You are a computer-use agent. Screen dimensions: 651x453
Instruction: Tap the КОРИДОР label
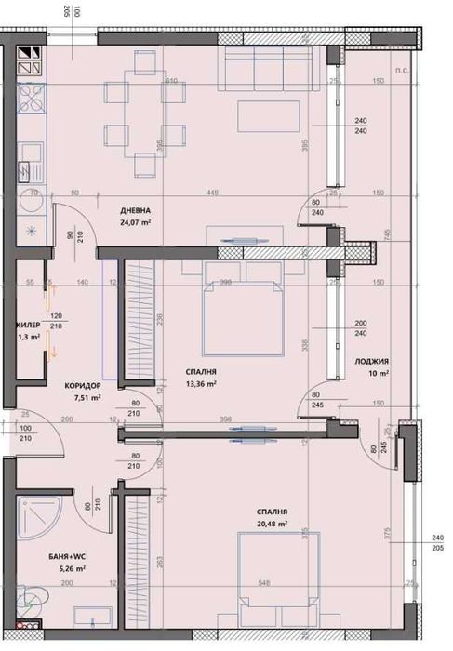click(x=83, y=385)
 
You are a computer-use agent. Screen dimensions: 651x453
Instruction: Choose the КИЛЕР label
click(x=26, y=325)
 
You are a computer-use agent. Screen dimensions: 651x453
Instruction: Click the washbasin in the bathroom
click(x=92, y=618)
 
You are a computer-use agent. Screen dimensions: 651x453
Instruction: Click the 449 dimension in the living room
click(x=210, y=193)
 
